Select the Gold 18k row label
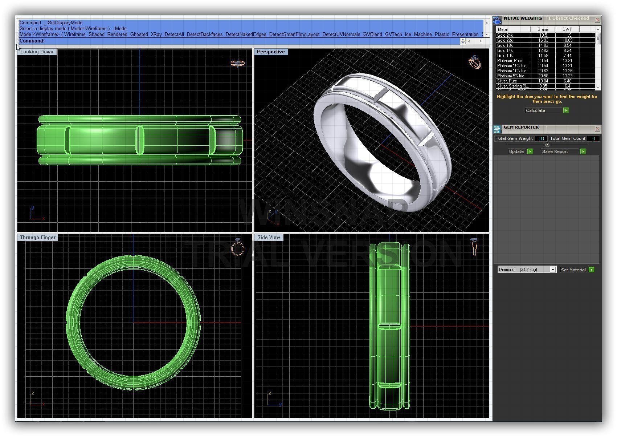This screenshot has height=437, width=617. [505, 45]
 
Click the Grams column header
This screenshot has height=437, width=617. [543, 29]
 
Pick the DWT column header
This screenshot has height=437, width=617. [567, 29]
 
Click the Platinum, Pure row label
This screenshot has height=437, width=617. [510, 61]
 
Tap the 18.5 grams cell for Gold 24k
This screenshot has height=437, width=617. [543, 35]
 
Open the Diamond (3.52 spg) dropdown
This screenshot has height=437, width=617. [552, 270]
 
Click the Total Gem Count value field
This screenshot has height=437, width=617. [593, 138]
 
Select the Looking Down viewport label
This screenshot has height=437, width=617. [37, 52]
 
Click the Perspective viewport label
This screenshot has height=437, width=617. [271, 52]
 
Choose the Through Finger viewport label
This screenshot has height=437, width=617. [38, 238]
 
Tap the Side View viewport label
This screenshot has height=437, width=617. [269, 238]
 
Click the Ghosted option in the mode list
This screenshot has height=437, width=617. [139, 35]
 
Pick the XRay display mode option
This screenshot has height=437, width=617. [156, 35]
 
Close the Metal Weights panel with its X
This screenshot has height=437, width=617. [597, 20]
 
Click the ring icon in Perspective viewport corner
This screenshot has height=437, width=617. [475, 62]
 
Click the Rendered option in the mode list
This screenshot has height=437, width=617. [117, 35]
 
